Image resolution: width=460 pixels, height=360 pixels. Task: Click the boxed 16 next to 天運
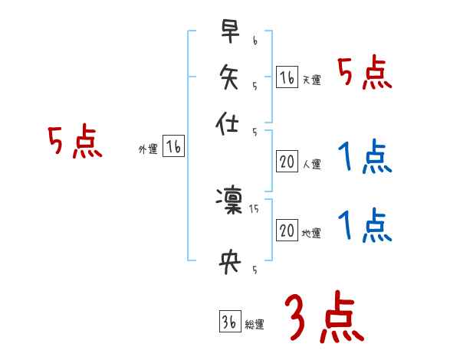(x=287, y=77)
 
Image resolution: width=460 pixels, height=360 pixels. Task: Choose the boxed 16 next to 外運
(x=173, y=148)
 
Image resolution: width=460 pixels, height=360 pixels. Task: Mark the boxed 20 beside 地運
(x=287, y=231)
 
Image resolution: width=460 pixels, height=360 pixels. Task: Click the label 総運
(x=255, y=325)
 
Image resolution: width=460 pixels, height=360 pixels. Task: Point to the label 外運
(x=147, y=150)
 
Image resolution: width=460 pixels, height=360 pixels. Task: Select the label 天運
(x=311, y=80)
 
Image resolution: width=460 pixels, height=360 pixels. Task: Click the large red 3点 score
(x=324, y=318)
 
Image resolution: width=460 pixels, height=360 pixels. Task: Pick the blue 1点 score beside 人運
(x=364, y=158)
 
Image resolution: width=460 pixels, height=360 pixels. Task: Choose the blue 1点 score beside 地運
(x=364, y=227)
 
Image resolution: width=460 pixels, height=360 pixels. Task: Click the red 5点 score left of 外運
(x=74, y=142)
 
